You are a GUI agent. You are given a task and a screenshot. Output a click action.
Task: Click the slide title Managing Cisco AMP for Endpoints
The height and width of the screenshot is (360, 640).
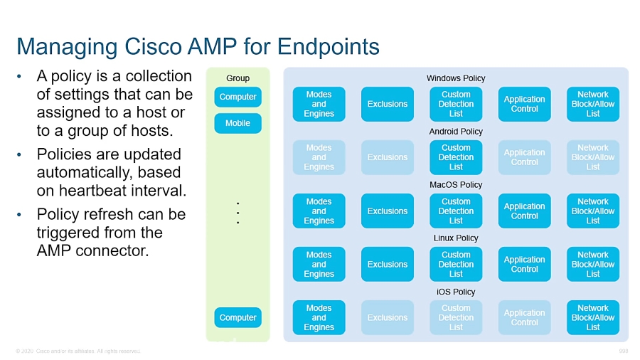coord(198,47)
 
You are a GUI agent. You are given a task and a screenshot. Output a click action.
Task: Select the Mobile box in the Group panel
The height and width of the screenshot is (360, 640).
coord(238,123)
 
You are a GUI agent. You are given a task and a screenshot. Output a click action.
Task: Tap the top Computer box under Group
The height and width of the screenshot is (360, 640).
coord(238,97)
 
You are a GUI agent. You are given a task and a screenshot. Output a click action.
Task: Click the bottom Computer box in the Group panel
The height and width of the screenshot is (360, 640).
coord(238,317)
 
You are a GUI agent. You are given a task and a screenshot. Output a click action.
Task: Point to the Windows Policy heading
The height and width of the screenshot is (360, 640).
coord(456,78)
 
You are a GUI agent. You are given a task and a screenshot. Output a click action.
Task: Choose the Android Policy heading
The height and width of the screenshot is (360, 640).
coord(456,132)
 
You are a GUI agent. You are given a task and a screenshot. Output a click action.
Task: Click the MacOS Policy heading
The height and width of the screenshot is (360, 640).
coord(456,185)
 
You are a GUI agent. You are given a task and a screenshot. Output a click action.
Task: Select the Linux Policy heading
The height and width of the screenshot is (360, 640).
coord(456,238)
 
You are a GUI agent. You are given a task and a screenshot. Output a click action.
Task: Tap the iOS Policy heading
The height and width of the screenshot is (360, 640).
coord(456,292)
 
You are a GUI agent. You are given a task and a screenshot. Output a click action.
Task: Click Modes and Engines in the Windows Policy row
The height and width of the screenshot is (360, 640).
coord(319,104)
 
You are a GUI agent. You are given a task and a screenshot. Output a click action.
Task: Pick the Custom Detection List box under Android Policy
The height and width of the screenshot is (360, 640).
coord(456,157)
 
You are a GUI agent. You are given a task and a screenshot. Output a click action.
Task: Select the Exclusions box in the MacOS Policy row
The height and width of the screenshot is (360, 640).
coord(387,211)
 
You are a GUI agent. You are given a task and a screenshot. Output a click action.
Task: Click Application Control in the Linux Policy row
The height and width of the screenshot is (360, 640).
coord(524,265)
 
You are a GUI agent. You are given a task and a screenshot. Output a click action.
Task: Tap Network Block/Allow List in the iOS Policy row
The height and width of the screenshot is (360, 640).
coord(592,318)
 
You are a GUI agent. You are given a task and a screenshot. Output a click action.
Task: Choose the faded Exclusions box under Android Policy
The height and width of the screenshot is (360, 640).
coord(387,157)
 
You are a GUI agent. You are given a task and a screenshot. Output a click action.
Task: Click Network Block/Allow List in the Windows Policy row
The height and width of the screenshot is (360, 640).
coord(592,104)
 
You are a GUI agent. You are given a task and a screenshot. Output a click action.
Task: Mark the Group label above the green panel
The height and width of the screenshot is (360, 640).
coord(238,78)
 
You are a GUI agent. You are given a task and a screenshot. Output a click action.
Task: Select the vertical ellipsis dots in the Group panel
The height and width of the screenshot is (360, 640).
coord(238,213)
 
